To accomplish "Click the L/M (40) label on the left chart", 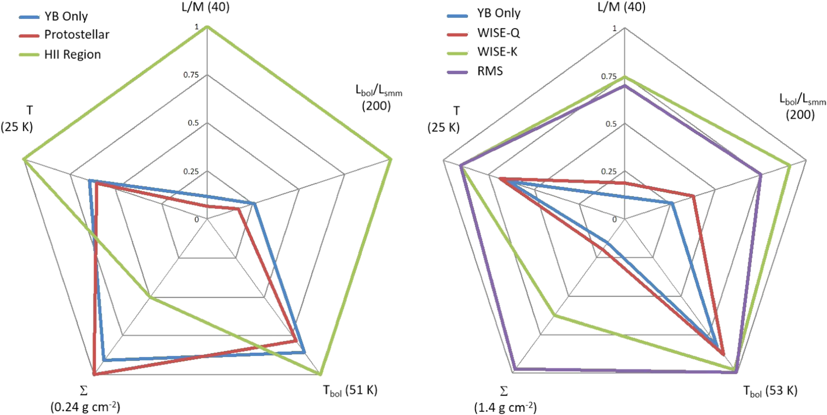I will [206, 7].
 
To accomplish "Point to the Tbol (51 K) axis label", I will [350, 390].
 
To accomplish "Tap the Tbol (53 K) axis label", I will [770, 391].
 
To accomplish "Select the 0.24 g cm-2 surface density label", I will [85, 407].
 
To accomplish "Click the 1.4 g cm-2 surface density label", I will [505, 408].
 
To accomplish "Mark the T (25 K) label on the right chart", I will [444, 120].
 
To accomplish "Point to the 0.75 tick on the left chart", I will [191, 75].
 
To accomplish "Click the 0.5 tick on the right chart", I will [611, 124].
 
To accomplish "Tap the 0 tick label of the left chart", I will [197, 219].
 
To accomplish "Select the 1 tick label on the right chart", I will [614, 28].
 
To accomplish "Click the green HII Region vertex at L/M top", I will [207, 27].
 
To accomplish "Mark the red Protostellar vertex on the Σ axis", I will [94, 374].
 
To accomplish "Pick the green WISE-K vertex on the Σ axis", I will [554, 315].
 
